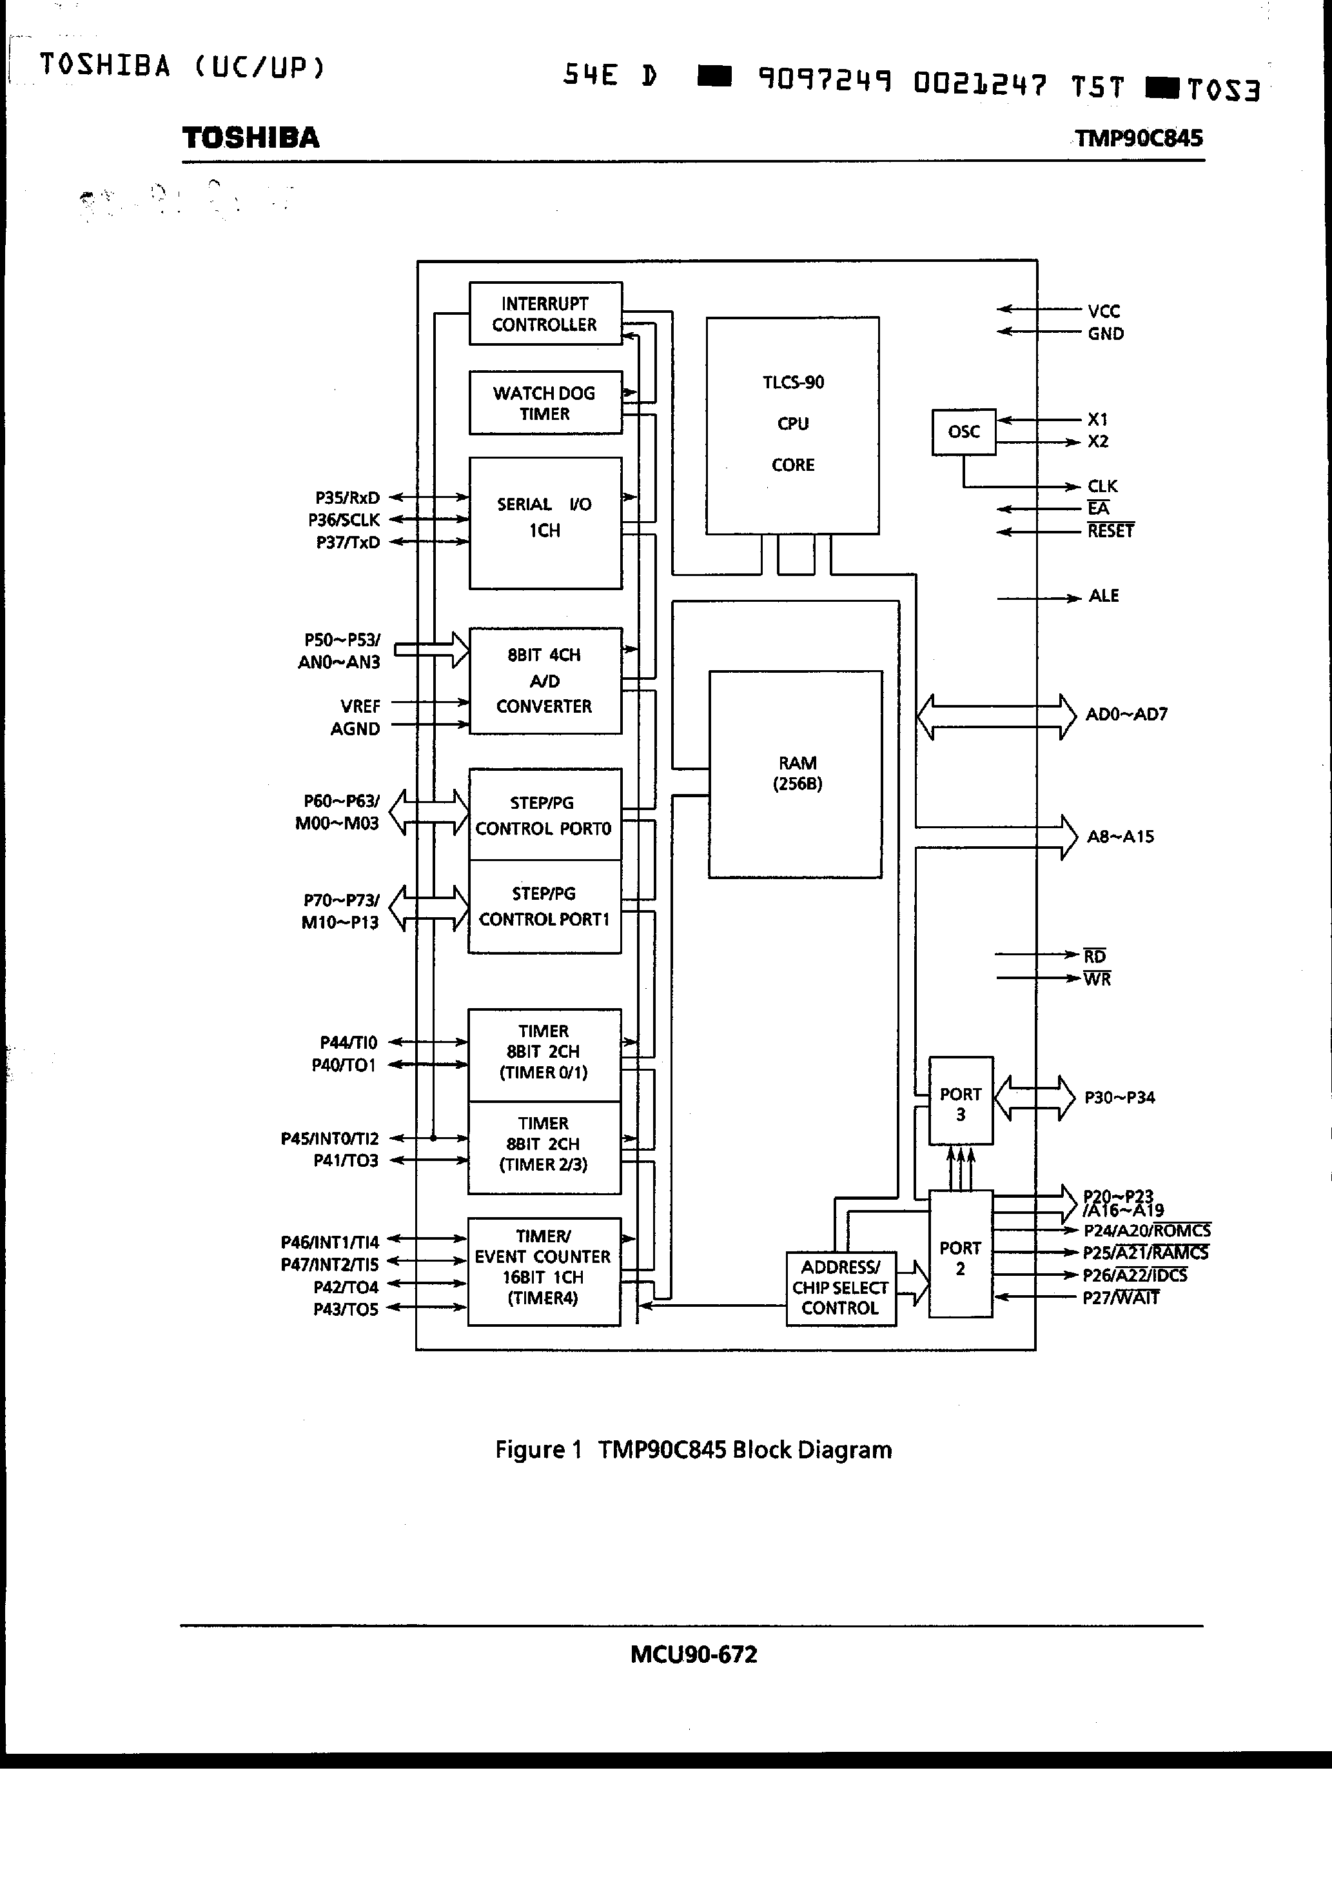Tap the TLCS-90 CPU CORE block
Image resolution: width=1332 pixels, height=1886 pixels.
click(792, 424)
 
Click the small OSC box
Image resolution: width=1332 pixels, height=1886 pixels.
click(963, 432)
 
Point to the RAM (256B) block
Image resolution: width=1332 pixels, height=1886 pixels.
click(796, 774)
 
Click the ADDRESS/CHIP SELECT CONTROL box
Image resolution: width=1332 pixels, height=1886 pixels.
click(840, 1288)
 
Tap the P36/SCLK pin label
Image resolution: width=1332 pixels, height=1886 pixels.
click(344, 520)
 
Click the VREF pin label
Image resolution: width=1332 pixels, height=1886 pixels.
click(360, 706)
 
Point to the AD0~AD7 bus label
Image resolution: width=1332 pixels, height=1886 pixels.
click(1126, 715)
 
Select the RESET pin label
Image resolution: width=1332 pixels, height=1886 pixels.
click(1110, 531)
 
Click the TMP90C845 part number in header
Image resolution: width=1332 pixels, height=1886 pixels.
click(1138, 138)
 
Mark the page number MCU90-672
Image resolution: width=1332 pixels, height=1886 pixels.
click(693, 1654)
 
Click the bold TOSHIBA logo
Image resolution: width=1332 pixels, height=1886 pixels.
click(250, 138)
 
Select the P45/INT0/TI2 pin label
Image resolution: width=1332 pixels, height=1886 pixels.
click(330, 1138)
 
